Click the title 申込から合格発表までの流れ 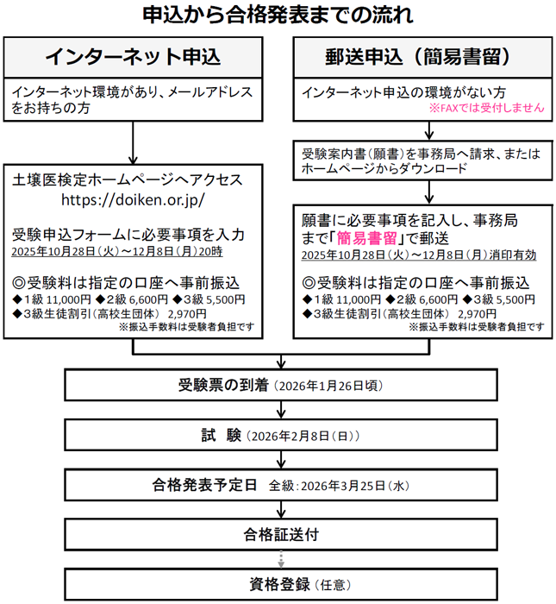[x=277, y=16]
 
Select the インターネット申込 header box [x=133, y=58]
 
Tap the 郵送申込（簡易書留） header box [x=422, y=58]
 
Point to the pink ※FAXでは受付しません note [x=486, y=109]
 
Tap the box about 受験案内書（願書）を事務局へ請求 [x=422, y=160]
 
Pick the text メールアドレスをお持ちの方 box [x=133, y=100]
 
